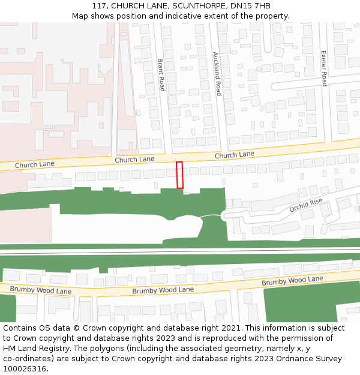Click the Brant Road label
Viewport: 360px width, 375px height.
[x=161, y=74]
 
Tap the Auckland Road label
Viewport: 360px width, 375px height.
[x=217, y=74]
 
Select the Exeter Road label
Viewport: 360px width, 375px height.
[x=324, y=68]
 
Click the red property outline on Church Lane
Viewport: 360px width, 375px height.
[x=179, y=175]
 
